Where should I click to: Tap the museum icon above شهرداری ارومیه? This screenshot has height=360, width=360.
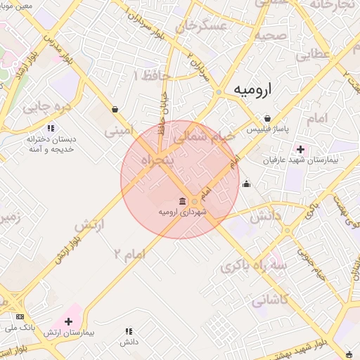[182, 202]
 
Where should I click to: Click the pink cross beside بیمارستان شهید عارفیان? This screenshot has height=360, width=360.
[300, 149]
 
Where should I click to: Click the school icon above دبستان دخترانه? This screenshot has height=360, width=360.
[50, 129]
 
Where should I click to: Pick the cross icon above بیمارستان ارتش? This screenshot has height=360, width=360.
[67, 321]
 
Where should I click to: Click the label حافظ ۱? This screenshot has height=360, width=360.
[146, 75]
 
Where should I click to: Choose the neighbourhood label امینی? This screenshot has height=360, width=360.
[118, 130]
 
